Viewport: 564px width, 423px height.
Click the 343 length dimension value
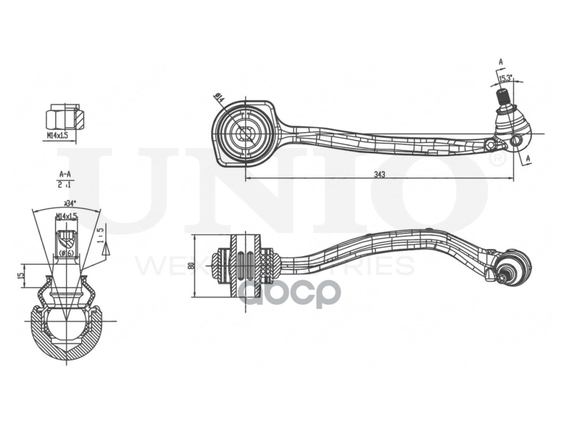[379, 174]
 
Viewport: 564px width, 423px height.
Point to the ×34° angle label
[70, 203]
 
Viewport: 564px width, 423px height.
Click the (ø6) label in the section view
[66, 253]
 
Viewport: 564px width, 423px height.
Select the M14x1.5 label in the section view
[66, 216]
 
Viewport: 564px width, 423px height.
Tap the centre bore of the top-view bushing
[245, 134]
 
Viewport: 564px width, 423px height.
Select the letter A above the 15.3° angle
[501, 62]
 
